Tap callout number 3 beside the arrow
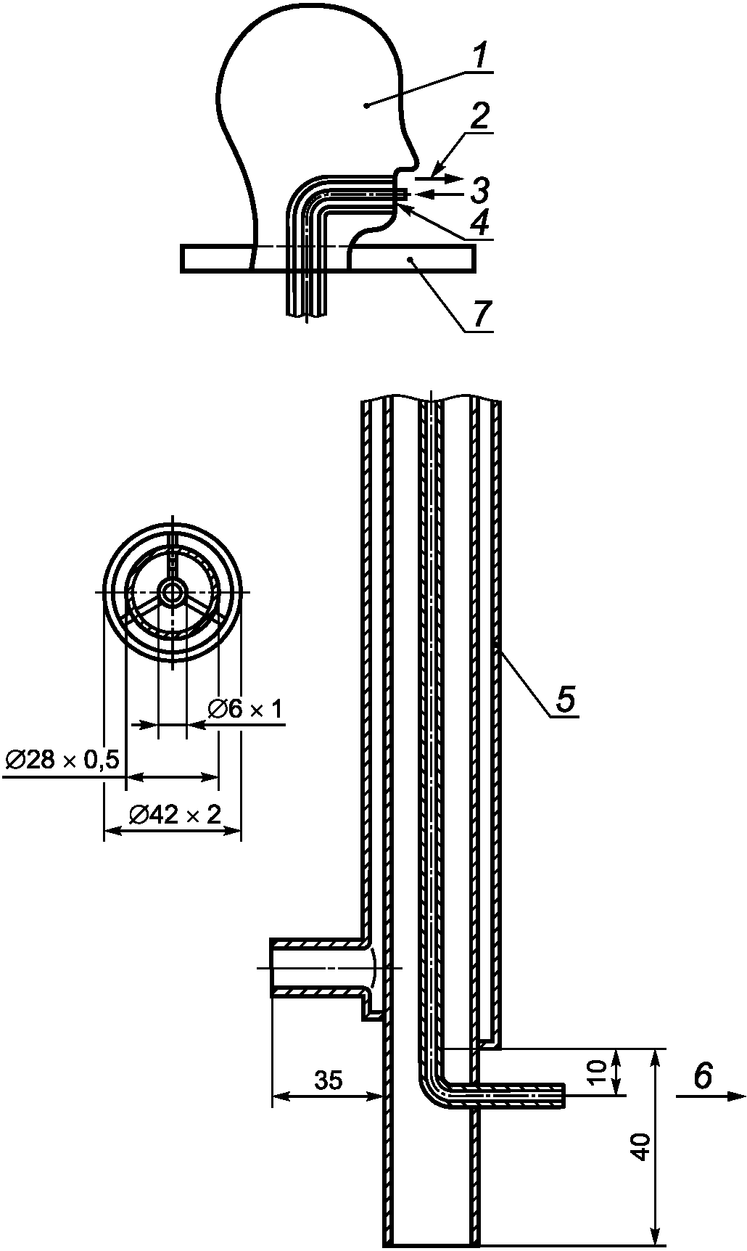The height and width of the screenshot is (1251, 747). tap(479, 190)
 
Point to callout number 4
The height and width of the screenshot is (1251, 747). tap(479, 221)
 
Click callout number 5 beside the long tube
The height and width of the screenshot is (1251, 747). tap(566, 699)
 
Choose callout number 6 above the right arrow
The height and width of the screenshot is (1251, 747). tap(702, 1075)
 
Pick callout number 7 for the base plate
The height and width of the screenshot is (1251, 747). tap(482, 313)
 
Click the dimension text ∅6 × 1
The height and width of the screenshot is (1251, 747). tap(245, 709)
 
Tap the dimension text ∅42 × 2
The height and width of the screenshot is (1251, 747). tap(174, 815)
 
